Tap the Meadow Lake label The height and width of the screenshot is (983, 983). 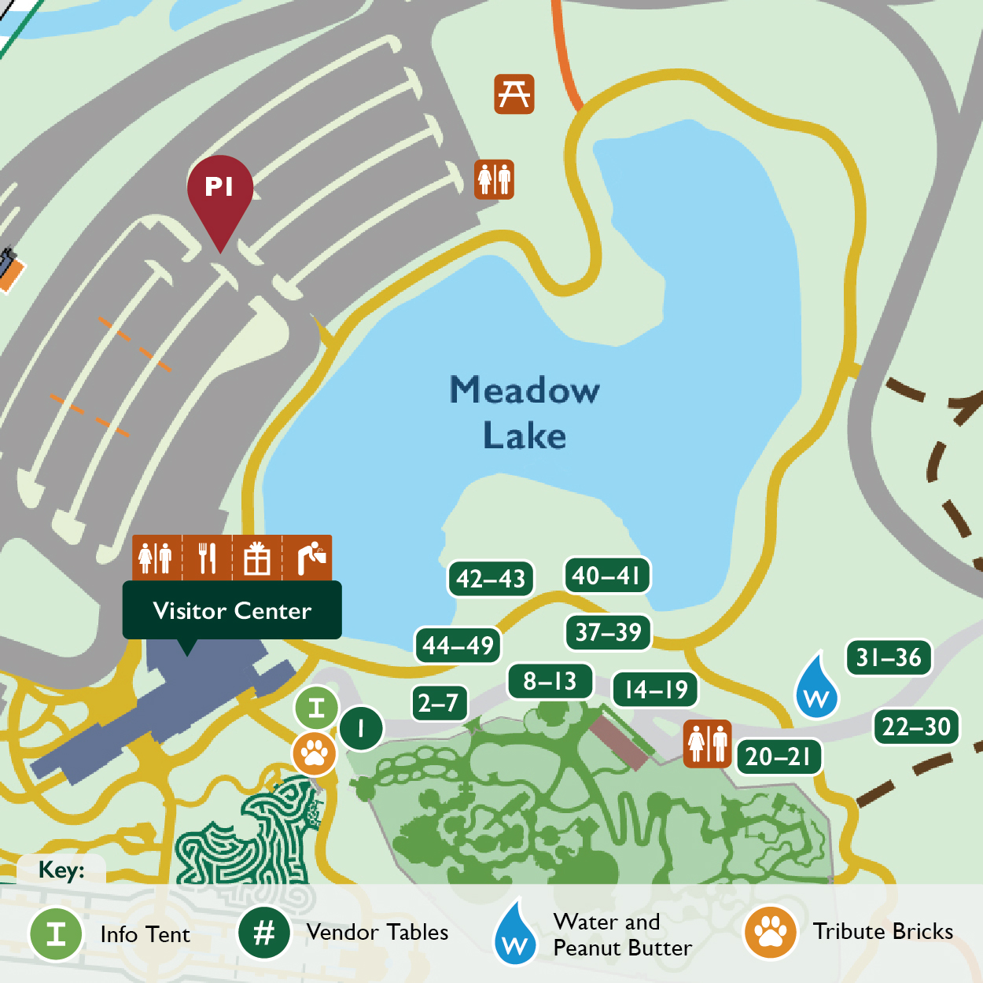click(525, 413)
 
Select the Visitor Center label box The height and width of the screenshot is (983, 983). click(232, 611)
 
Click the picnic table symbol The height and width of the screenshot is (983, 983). click(514, 94)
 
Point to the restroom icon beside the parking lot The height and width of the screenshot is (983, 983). click(495, 179)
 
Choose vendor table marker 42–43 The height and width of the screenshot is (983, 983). click(491, 579)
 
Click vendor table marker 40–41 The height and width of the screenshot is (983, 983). click(607, 576)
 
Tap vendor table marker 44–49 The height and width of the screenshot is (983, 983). click(458, 646)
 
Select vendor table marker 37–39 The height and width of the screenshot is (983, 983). click(609, 632)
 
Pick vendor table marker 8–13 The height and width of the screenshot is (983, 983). click(550, 681)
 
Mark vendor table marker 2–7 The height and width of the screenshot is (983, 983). click(438, 702)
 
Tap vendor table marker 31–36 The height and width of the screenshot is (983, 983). click(889, 657)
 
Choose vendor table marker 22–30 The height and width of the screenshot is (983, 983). click(916, 727)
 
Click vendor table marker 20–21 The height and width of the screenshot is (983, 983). click(779, 757)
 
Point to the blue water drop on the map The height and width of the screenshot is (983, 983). click(817, 689)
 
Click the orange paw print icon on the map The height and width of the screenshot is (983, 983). click(315, 753)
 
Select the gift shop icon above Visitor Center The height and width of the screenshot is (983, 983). click(257, 558)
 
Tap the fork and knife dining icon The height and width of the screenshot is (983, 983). click(207, 558)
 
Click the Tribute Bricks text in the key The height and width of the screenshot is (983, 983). click(882, 932)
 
